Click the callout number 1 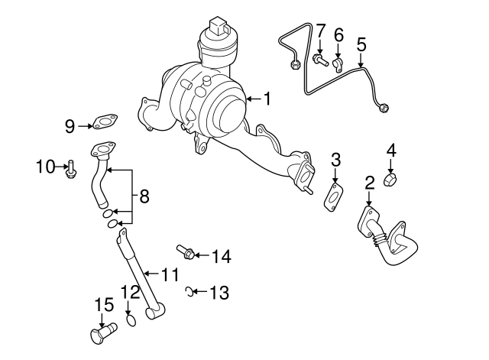pyautogui.click(x=267, y=98)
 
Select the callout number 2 pyautogui.click(x=369, y=182)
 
